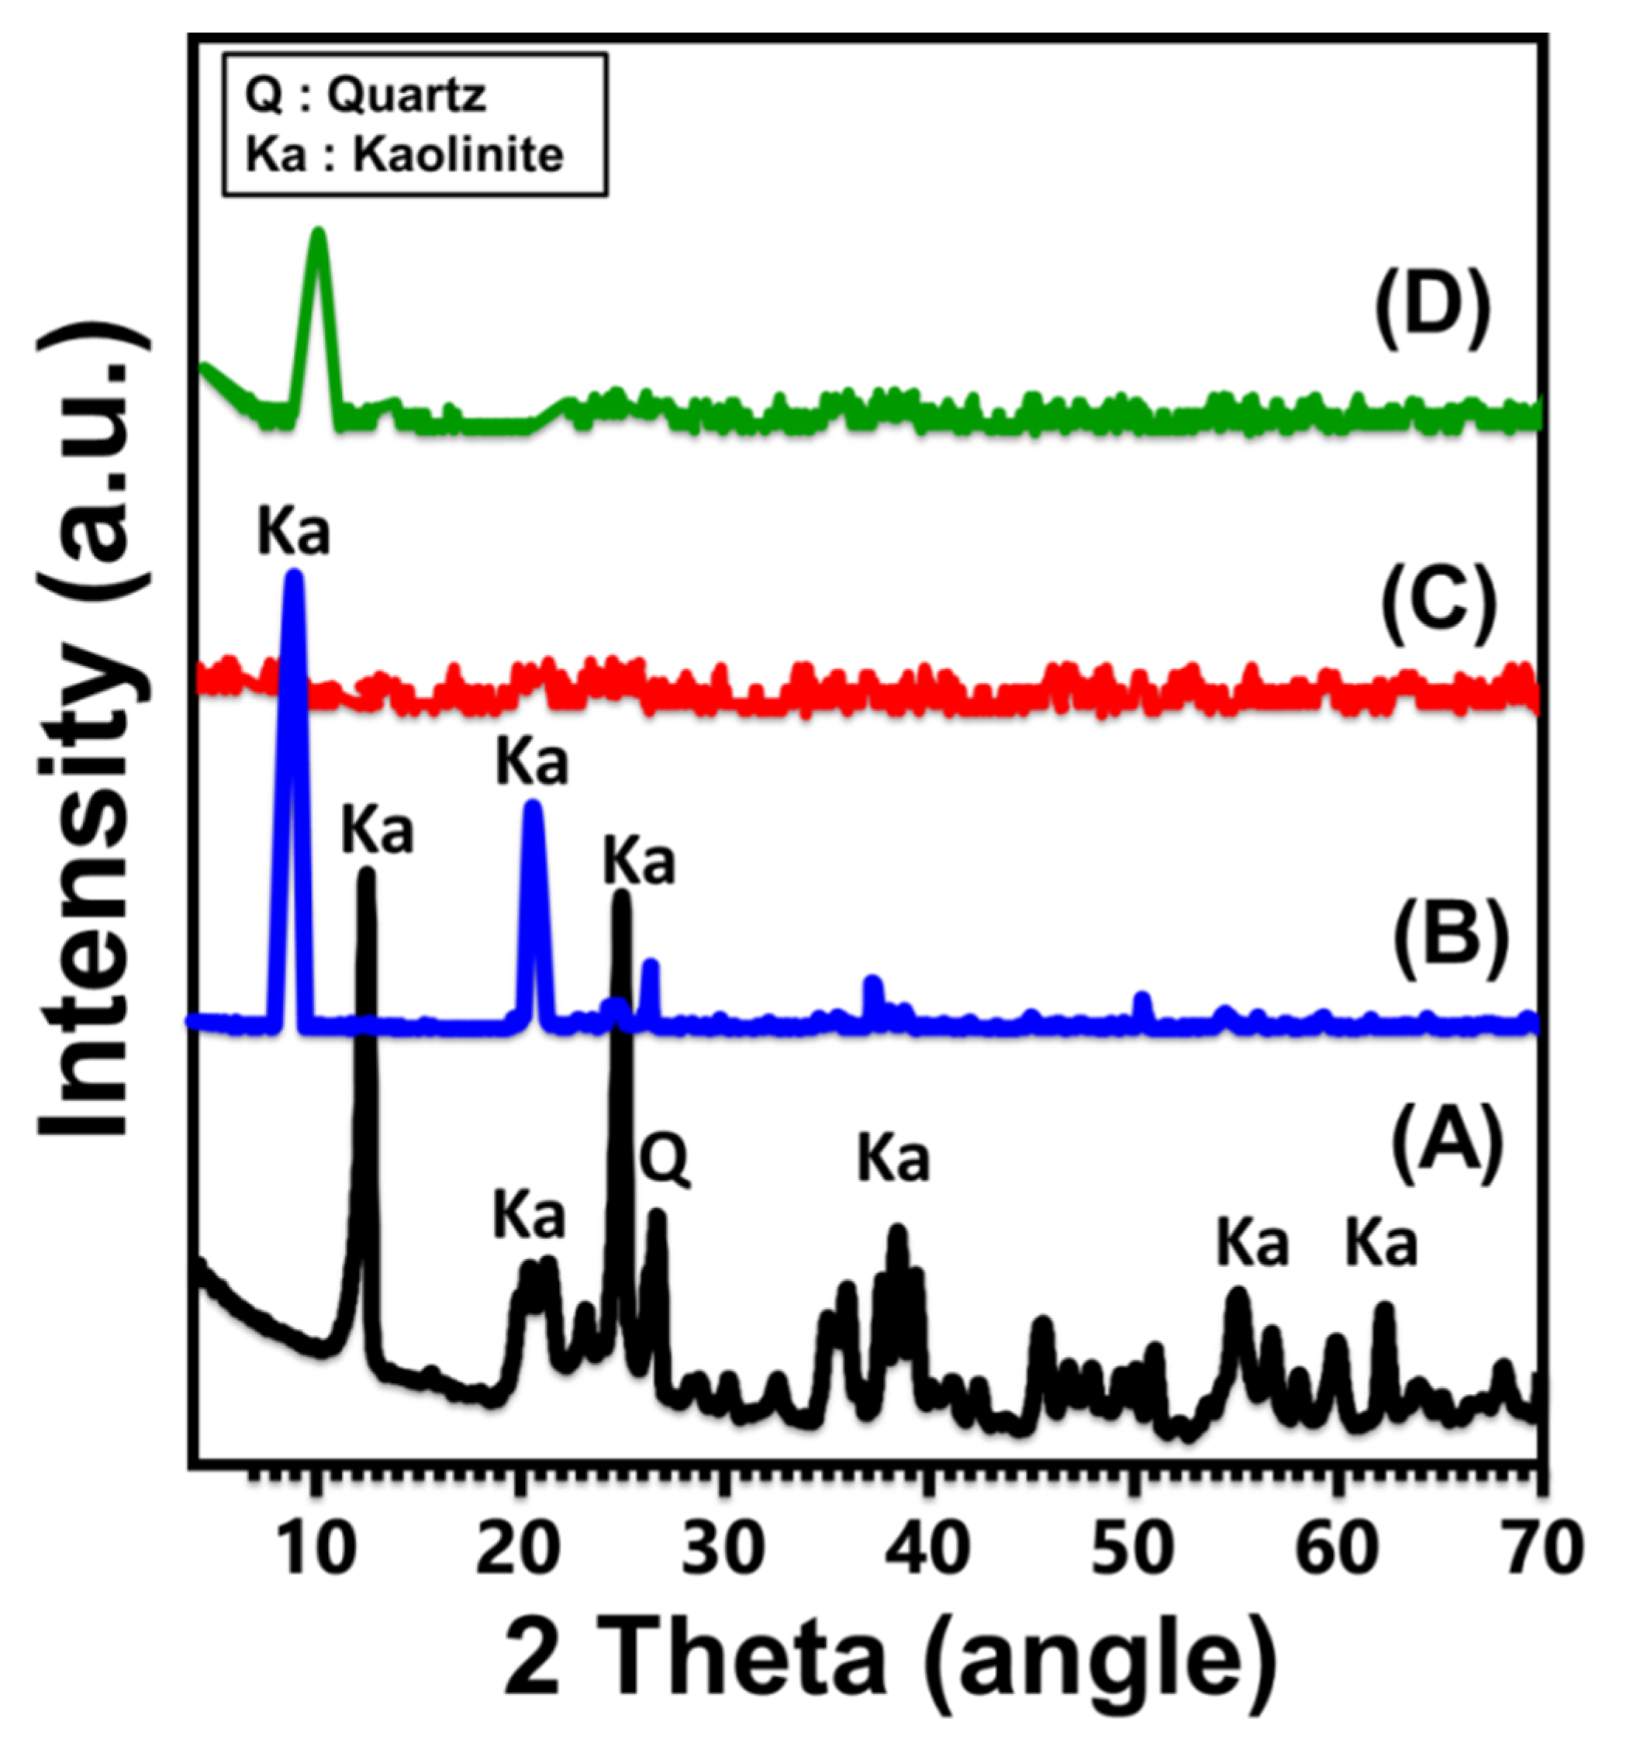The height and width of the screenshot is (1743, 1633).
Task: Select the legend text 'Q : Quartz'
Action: [x=365, y=94]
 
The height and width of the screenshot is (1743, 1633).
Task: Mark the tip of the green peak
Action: [x=319, y=233]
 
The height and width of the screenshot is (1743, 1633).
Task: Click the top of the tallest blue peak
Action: [x=294, y=575]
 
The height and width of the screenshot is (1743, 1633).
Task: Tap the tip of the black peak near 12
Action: [x=367, y=872]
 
